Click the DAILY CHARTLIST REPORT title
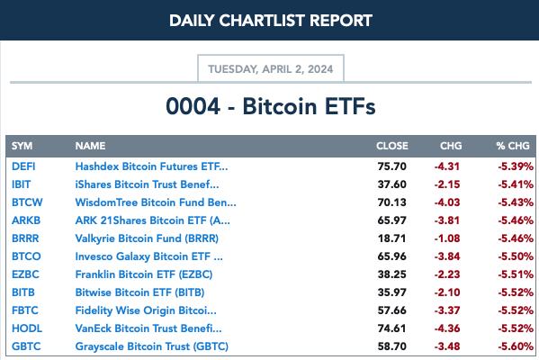[x=271, y=21]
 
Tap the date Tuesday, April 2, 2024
[x=271, y=69]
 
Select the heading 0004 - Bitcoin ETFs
[x=271, y=106]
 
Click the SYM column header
[x=22, y=146]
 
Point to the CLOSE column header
[x=391, y=146]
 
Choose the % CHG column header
[x=513, y=146]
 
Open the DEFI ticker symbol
[x=23, y=166]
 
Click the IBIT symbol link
[x=21, y=184]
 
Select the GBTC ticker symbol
[x=26, y=346]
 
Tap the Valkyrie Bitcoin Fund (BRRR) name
[x=147, y=238]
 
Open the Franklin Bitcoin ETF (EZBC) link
[x=144, y=274]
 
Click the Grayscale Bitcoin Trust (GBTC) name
[x=151, y=346]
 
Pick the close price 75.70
[x=391, y=166]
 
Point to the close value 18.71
[x=391, y=238]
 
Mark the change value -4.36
[x=447, y=328]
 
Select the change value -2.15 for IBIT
[x=447, y=184]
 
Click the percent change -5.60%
[x=516, y=346]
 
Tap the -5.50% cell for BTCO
[x=516, y=256]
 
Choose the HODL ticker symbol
[x=27, y=328]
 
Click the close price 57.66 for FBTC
[x=391, y=310]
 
